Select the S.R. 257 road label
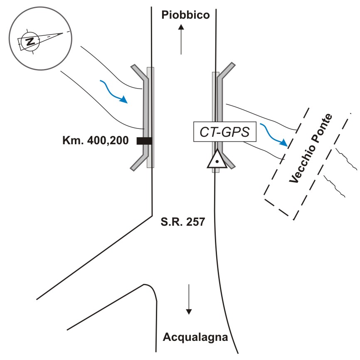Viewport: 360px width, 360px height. pos(183,222)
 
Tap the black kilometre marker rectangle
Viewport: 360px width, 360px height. pos(144,141)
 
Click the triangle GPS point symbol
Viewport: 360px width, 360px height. pos(217,160)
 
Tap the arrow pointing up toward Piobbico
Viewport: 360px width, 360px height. pos(181,39)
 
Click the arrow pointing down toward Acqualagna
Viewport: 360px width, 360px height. pos(189,298)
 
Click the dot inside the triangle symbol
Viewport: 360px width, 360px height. pos(217,161)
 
